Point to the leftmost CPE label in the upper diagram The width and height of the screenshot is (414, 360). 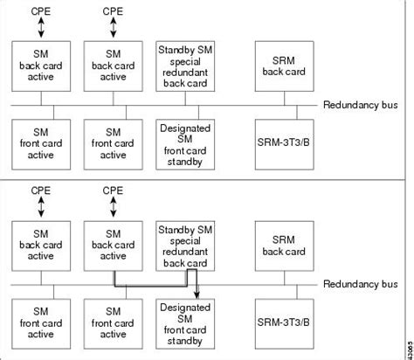click(x=40, y=11)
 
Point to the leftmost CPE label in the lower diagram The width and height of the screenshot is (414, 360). click(x=40, y=190)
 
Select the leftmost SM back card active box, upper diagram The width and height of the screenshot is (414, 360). click(x=40, y=66)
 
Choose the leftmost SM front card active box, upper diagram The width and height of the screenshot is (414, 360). click(x=40, y=143)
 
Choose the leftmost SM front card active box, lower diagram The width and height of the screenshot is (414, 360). click(x=40, y=322)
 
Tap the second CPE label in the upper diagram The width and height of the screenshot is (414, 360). click(x=113, y=11)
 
